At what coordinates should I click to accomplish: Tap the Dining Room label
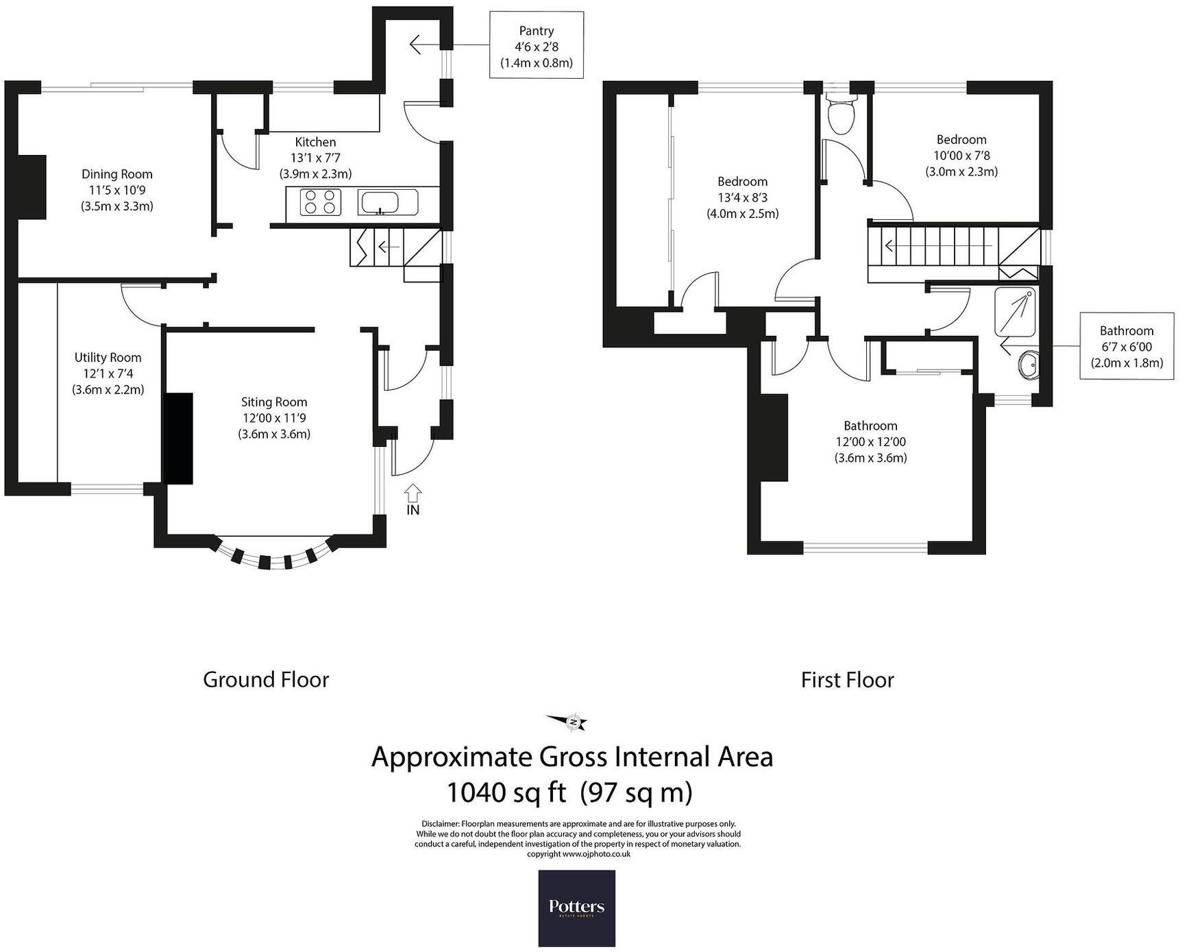click(116, 190)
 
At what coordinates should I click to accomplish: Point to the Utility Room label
click(108, 373)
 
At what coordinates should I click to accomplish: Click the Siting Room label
click(274, 417)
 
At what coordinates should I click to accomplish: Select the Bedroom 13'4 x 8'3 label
click(742, 197)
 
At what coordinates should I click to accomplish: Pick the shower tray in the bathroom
click(1016, 312)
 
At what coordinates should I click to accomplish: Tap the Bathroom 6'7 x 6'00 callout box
click(1127, 347)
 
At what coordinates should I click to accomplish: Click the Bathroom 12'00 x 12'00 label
click(870, 442)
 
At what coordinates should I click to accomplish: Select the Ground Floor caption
click(266, 680)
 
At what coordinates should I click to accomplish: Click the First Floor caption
click(847, 680)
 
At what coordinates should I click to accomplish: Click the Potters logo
click(576, 908)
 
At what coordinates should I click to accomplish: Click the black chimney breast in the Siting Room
click(179, 439)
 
